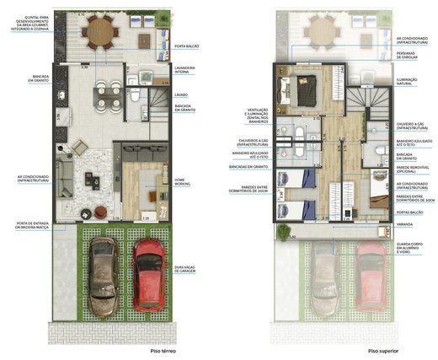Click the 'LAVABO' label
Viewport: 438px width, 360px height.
[182, 95]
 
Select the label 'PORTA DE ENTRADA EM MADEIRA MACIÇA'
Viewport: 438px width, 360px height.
[29, 225]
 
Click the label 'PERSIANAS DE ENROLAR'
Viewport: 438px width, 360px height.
[413, 55]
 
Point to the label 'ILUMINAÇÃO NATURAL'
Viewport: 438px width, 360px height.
[413, 80]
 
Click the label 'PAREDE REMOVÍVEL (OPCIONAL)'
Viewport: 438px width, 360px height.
[413, 169]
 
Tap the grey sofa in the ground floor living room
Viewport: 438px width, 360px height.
[137, 153]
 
